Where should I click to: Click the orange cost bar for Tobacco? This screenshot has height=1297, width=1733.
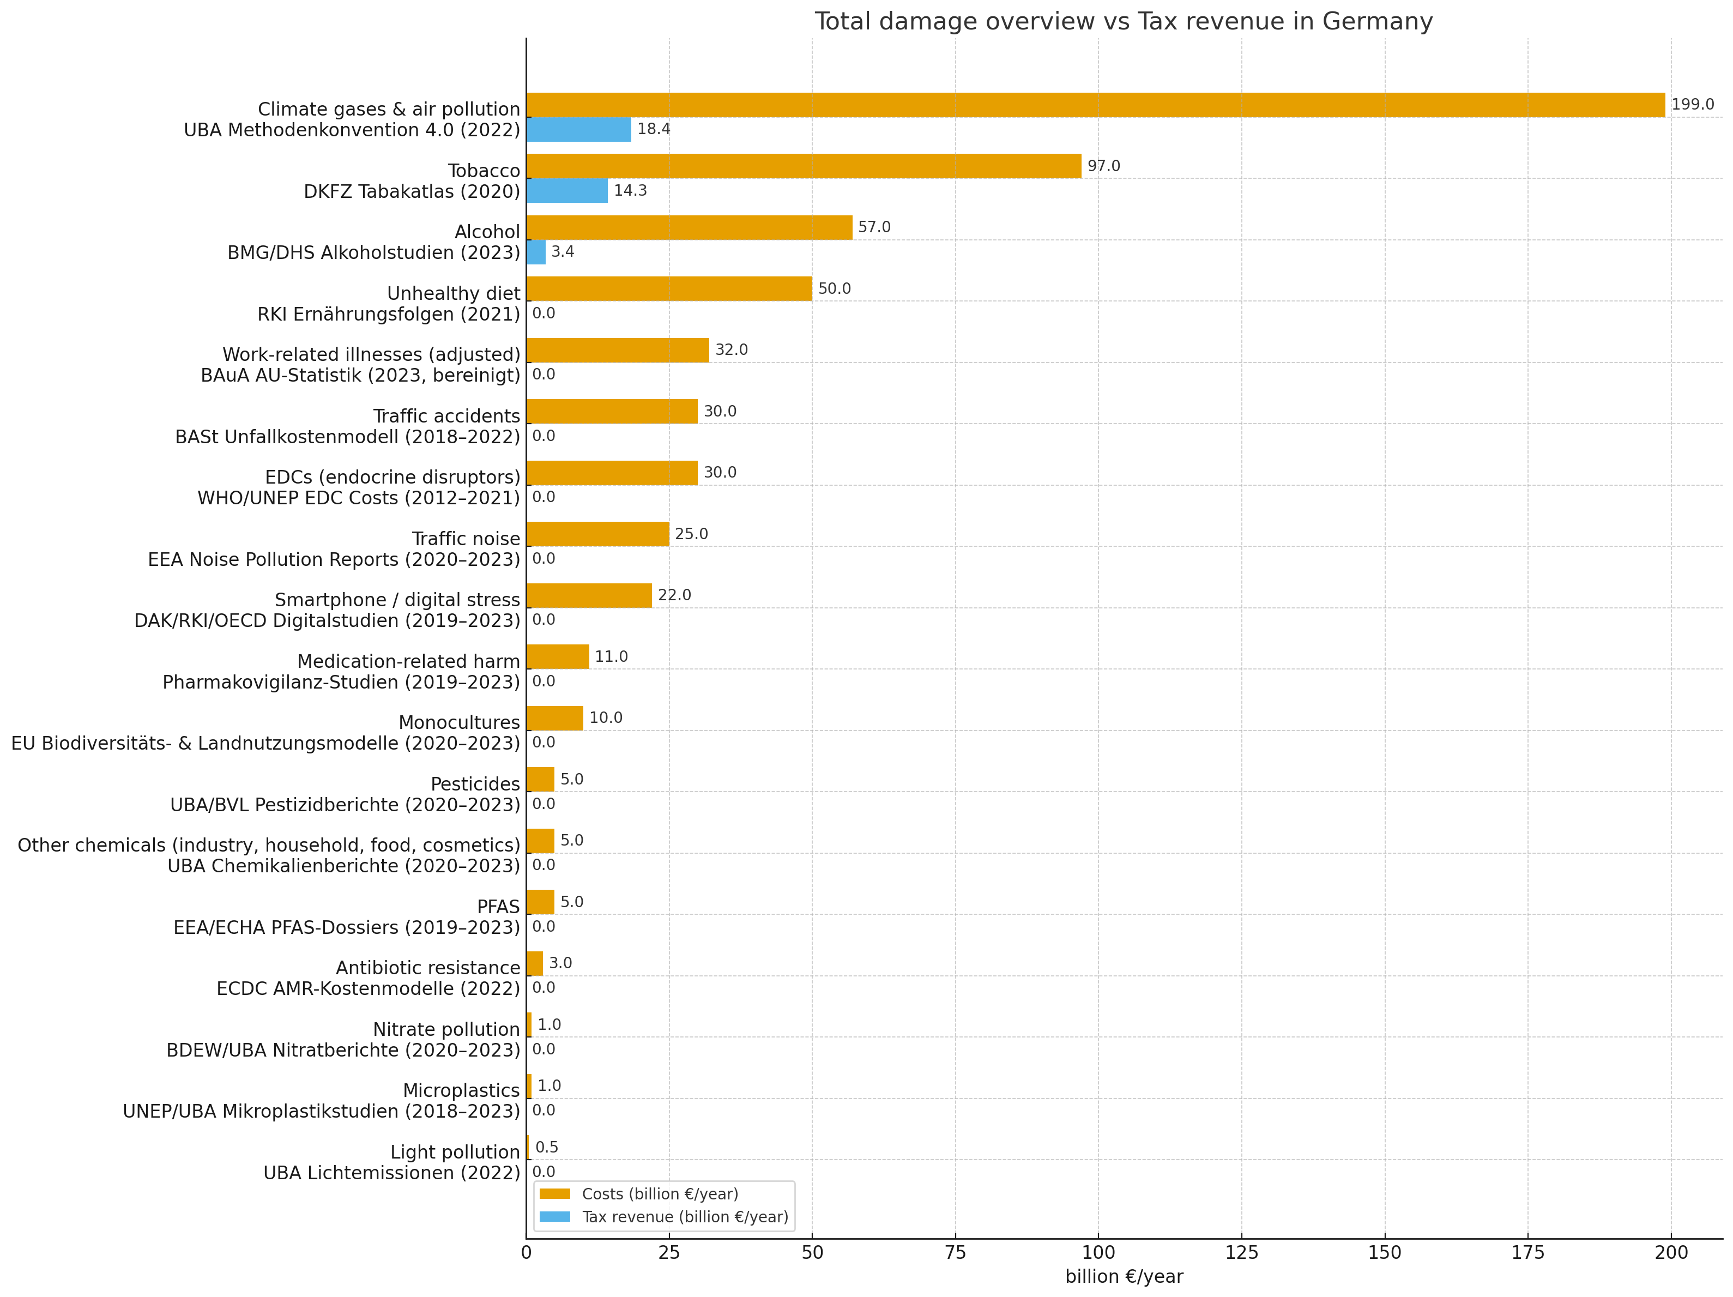tap(803, 166)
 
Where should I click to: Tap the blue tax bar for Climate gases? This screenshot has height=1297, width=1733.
tap(578, 129)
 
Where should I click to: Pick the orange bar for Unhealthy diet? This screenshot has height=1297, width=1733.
tap(669, 288)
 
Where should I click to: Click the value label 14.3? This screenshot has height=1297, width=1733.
tap(630, 190)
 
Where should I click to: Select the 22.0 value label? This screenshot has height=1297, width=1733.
tap(674, 595)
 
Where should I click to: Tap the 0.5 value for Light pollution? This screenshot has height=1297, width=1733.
tap(547, 1147)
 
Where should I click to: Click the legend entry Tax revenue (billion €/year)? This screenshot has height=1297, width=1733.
tap(685, 1217)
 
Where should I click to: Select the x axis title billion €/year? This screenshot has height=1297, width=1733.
tap(1124, 1277)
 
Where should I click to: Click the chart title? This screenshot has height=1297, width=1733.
tap(1124, 21)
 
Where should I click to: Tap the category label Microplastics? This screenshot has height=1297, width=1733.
tap(461, 1091)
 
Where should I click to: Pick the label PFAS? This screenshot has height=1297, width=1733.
tap(498, 907)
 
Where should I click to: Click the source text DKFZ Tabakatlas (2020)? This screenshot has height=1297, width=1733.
tap(412, 192)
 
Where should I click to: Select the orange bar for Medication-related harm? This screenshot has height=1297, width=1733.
tap(557, 657)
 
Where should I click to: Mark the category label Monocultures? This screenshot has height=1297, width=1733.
tap(458, 722)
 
